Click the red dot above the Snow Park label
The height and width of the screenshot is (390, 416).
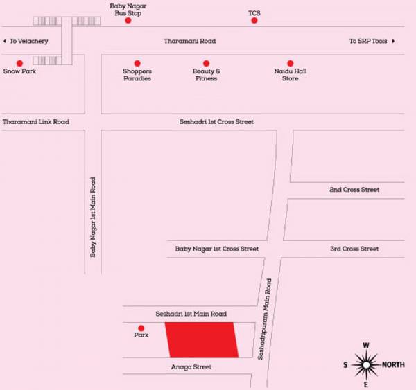click(x=20, y=63)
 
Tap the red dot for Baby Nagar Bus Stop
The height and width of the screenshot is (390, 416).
click(x=128, y=21)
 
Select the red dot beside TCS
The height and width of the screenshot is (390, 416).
click(x=254, y=21)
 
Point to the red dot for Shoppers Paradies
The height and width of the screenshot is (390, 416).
click(x=137, y=63)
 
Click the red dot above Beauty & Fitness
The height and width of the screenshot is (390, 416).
click(x=206, y=63)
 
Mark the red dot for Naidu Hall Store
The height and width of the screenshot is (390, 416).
click(x=291, y=63)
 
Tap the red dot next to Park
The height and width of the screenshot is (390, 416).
click(x=141, y=328)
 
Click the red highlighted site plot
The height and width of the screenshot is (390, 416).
click(x=201, y=340)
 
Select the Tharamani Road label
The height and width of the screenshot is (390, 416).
click(x=189, y=42)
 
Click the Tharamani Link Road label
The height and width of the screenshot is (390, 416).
click(x=35, y=122)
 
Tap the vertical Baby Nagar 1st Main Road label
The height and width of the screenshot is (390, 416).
click(x=93, y=217)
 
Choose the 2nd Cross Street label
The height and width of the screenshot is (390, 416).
click(x=354, y=190)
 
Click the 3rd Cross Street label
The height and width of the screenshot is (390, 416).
click(x=354, y=249)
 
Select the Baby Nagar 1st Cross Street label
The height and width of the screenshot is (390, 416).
click(x=216, y=249)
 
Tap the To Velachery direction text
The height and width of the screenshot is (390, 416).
click(x=26, y=42)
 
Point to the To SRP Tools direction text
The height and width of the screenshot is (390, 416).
click(x=372, y=42)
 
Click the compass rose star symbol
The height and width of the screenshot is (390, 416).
click(x=366, y=363)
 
